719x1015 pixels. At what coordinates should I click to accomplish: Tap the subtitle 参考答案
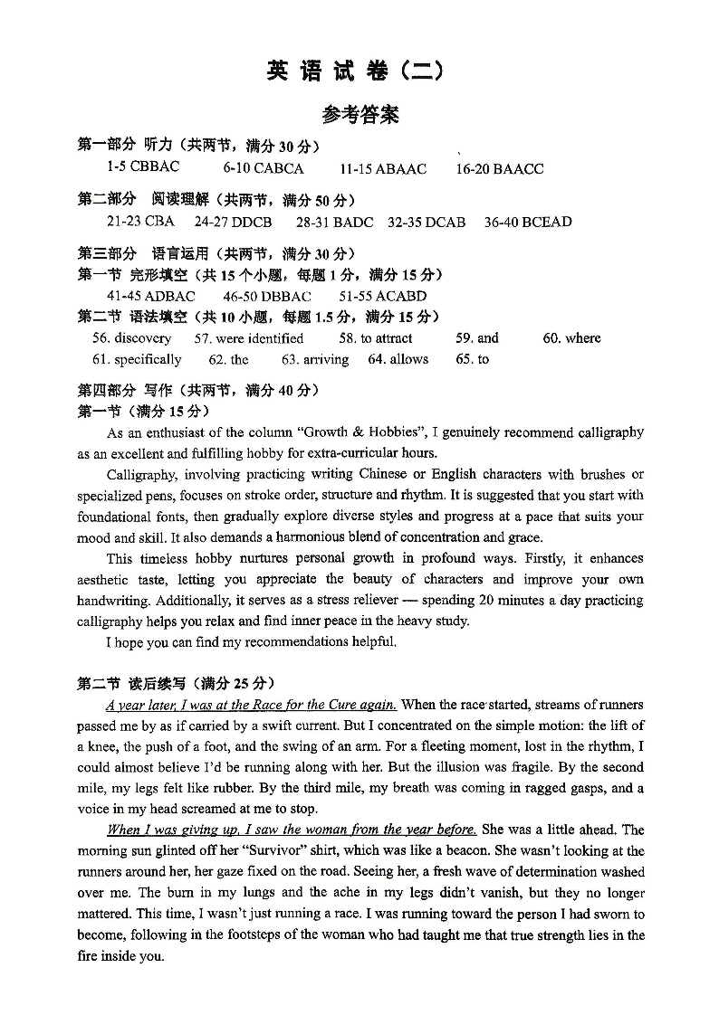pos(359,115)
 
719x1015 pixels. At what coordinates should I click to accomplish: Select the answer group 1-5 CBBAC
pos(143,167)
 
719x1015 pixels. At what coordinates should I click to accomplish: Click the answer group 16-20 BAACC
pos(500,168)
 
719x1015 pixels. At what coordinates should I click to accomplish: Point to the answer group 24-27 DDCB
pos(233,222)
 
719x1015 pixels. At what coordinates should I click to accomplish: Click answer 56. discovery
pos(131,338)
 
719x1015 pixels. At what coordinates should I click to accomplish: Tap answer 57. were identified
pos(249,338)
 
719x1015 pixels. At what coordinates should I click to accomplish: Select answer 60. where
pos(571,338)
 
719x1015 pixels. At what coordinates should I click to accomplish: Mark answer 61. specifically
pos(137,359)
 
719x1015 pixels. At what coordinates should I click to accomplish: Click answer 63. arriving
pos(314,359)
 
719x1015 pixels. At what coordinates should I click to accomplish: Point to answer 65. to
pos(472,359)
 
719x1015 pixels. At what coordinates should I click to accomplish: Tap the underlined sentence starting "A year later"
pos(251,705)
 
